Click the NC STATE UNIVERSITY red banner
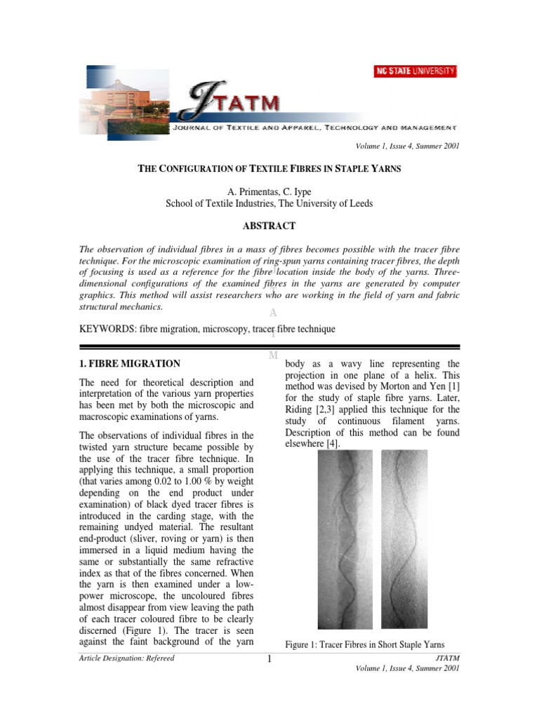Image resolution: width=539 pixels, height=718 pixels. (x=415, y=71)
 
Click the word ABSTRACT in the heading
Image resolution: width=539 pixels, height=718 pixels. (x=269, y=226)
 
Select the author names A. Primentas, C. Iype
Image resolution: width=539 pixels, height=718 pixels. (x=269, y=191)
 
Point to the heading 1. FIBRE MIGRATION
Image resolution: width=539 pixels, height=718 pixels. (x=130, y=364)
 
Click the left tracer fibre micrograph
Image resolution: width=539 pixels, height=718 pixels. (x=345, y=539)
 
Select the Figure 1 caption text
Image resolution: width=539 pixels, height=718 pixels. (x=364, y=644)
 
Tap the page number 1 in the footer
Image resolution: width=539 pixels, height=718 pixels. (x=269, y=660)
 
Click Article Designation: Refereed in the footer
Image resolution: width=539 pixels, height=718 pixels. (x=127, y=658)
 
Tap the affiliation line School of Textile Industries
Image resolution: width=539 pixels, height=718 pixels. (x=269, y=204)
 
